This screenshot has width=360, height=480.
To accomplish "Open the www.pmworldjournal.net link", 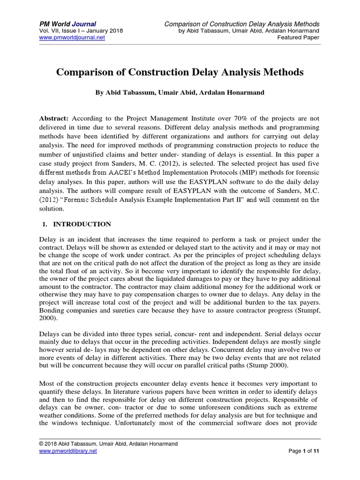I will point(71,37).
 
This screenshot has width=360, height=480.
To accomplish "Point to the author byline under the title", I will point(180,93).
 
